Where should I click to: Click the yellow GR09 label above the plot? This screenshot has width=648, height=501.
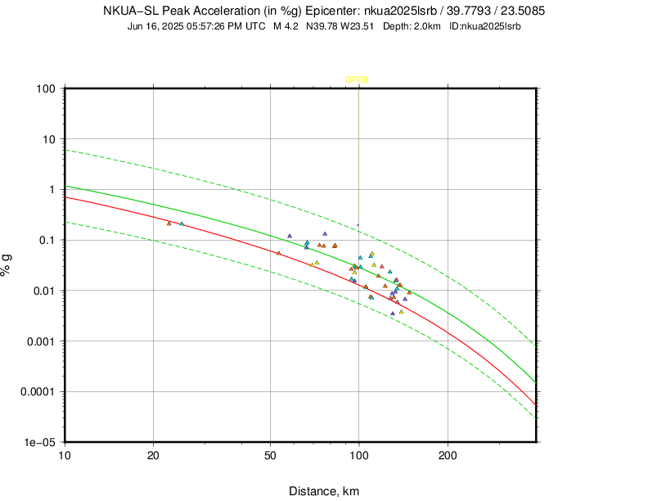[357, 79]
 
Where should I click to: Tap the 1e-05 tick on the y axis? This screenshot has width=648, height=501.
[38, 442]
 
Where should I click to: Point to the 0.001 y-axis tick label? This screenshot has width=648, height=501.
[40, 341]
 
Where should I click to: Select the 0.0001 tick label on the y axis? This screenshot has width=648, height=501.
[37, 392]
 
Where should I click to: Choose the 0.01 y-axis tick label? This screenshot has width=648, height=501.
[44, 291]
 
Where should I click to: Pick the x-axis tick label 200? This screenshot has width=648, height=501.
[447, 455]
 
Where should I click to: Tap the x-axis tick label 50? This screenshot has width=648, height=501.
[270, 455]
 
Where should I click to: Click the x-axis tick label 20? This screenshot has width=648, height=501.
[153, 455]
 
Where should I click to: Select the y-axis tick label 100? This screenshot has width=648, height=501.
[45, 88]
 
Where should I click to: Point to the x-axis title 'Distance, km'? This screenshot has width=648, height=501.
[324, 491]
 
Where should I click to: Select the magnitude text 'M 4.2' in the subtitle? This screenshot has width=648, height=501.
[287, 26]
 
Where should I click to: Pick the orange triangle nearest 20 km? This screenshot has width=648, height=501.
[169, 223]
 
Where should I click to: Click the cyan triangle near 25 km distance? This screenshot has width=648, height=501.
[182, 223]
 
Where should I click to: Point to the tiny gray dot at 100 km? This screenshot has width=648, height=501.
[358, 225]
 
